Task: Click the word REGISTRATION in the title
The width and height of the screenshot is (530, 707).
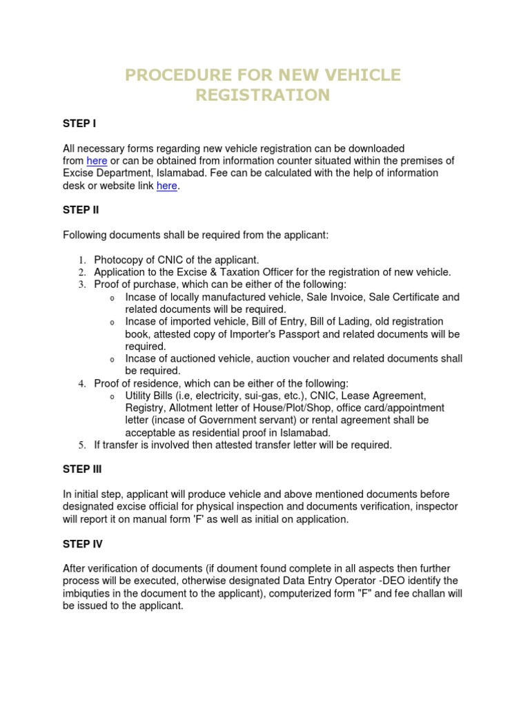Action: tap(262, 95)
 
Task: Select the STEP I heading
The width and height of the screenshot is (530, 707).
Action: tap(79, 124)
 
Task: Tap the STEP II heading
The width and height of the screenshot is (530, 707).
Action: tap(81, 211)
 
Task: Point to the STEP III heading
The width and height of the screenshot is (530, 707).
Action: tap(83, 469)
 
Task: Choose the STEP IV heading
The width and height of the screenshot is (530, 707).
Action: tap(83, 544)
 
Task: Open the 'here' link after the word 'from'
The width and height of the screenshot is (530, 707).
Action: tap(97, 161)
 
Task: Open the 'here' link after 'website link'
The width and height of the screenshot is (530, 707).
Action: tap(167, 186)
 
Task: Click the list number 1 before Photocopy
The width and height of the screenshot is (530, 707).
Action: tap(80, 260)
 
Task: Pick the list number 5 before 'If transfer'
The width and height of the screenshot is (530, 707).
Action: tap(80, 445)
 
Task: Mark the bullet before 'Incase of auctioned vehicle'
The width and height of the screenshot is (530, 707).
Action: tap(112, 360)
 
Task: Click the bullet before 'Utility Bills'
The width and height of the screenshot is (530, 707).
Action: tap(112, 397)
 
